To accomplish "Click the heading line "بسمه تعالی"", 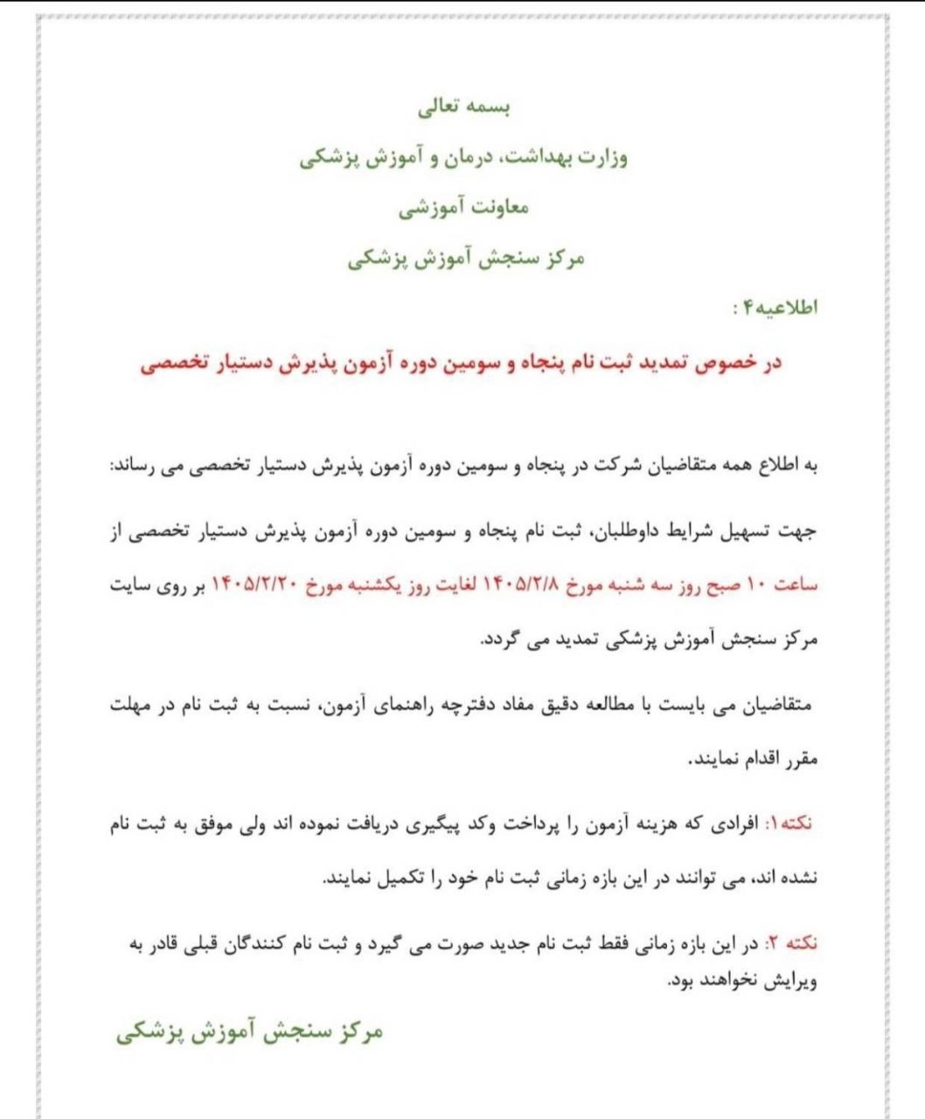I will coord(463,109).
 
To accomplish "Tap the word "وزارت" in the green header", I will coord(602,159).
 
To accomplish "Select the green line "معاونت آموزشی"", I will coord(463,209).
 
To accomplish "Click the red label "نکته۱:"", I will coord(791,824).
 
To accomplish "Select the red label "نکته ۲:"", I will coord(791,944).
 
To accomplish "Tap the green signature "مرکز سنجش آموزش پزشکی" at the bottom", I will coord(250,1032).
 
